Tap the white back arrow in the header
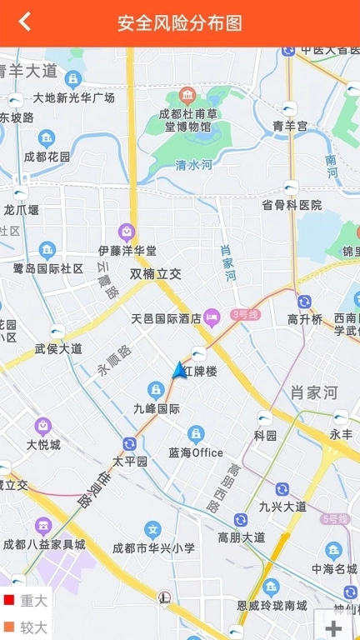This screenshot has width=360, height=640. (x=25, y=22)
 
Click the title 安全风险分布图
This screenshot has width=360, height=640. (x=180, y=22)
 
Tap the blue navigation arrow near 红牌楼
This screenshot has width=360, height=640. (x=178, y=370)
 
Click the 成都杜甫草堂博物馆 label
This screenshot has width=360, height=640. (x=187, y=120)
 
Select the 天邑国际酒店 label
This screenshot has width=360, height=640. (x=166, y=317)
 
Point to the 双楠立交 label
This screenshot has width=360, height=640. (x=155, y=273)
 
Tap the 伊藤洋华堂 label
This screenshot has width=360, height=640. (x=127, y=250)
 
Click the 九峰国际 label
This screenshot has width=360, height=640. (x=157, y=408)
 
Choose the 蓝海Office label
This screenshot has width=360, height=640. (x=196, y=452)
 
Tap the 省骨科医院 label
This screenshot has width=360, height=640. (x=291, y=204)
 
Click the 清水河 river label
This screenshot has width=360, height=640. (x=194, y=165)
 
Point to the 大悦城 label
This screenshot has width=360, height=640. (x=43, y=444)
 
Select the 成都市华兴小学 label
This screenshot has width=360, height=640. (x=153, y=547)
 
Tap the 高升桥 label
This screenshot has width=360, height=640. (x=304, y=319)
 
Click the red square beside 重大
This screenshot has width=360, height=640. (x=9, y=600)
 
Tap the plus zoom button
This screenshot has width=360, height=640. (x=334, y=627)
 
